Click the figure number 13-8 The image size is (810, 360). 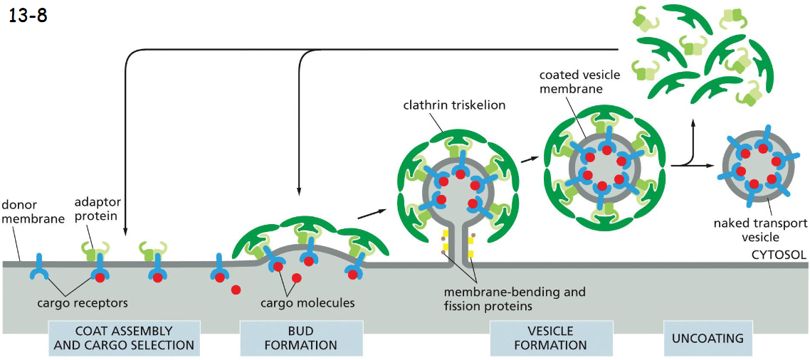tap(28, 15)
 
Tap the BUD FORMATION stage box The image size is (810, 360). tap(301, 338)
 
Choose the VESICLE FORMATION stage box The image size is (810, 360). tap(552, 338)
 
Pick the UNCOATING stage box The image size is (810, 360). tap(708, 338)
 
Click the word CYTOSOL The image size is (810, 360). tap(779, 253)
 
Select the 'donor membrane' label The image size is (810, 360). tap(29, 211)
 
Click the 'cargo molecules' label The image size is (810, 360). tap(307, 303)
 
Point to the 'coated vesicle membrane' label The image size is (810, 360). tap(579, 82)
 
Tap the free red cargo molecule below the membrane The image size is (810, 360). tap(235, 290)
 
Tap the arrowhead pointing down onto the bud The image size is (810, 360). tap(298, 191)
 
